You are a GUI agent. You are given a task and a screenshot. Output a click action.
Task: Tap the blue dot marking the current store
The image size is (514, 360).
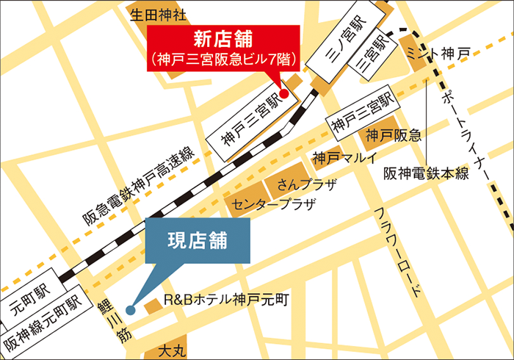[130, 309]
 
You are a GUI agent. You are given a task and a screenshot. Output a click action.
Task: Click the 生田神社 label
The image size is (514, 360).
[159, 14]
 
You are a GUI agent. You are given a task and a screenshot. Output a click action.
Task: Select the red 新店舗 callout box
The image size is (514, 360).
[224, 48]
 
